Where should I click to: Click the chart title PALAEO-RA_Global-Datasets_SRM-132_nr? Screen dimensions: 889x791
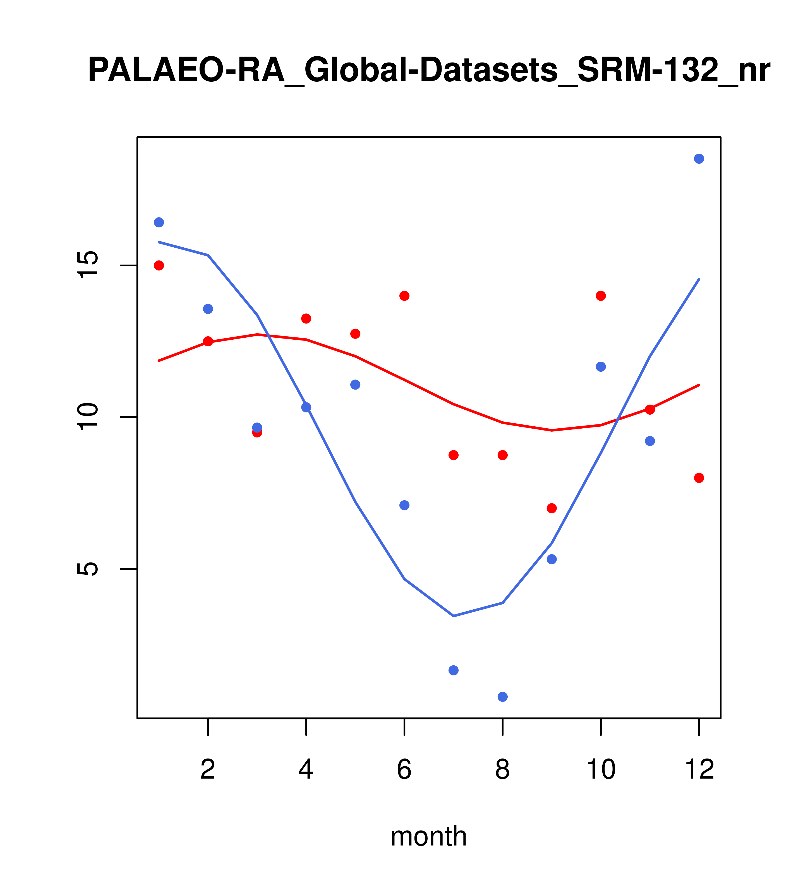coord(429,71)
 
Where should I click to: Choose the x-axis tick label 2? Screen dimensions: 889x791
coord(208,769)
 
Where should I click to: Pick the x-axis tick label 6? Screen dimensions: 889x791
coord(404,769)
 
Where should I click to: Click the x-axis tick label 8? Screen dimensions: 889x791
coord(502,769)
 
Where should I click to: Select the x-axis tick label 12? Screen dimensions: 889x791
coord(699,769)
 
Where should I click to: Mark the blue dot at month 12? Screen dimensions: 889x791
coord(699,159)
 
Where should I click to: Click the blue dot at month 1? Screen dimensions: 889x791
coord(159,222)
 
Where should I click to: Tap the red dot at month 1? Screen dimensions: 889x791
coord(159,265)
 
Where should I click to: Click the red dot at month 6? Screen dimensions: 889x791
coord(404,296)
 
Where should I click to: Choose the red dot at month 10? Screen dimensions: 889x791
coord(601,296)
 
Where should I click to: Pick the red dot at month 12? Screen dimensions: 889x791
coord(699,478)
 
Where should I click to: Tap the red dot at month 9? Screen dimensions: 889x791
coord(552,508)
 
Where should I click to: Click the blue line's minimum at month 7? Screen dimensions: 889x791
coord(454,616)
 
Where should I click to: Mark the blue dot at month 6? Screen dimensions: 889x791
coord(404,505)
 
